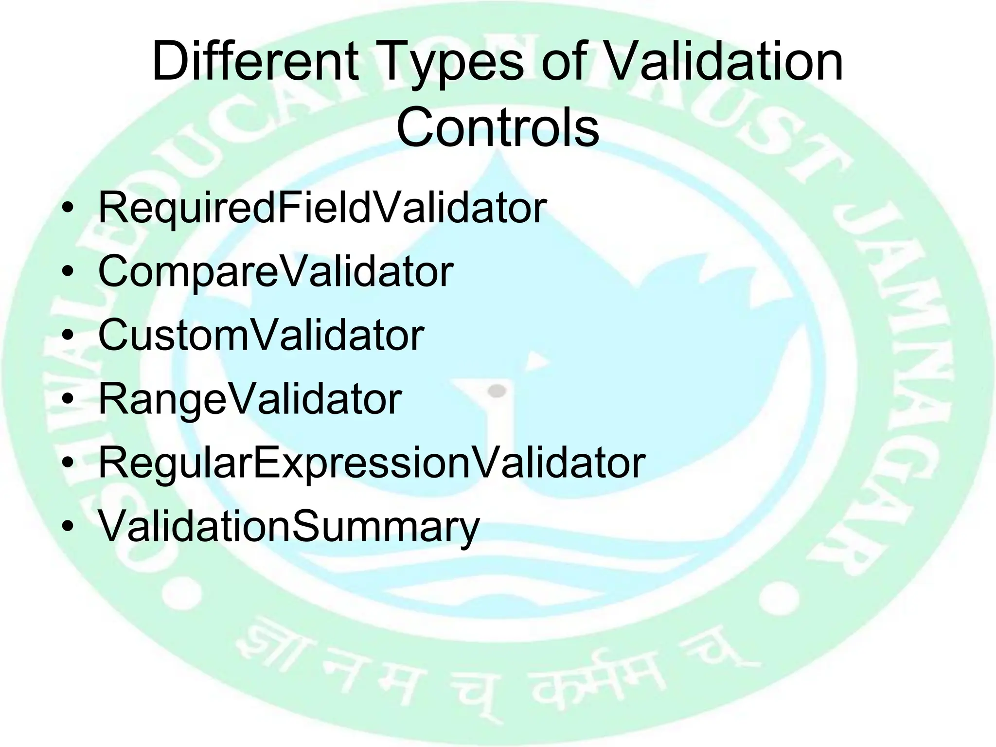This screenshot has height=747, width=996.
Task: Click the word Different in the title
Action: point(255,62)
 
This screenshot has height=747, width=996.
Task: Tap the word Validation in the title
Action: point(725,62)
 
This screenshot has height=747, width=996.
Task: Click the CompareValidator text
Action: point(276,272)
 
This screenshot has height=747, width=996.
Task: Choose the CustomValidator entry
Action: point(261,335)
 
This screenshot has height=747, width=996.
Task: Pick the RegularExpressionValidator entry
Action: point(372,463)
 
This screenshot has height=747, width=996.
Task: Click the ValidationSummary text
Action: point(289,527)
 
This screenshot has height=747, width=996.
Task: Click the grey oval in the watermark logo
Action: point(497,391)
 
